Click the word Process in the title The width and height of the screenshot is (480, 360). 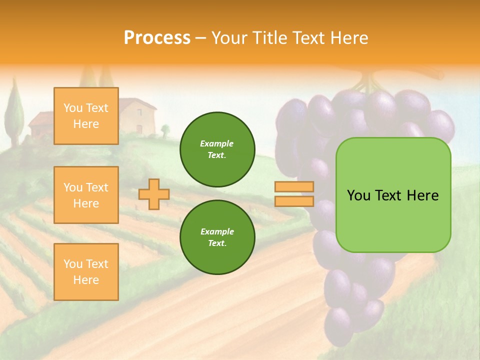pyautogui.click(x=157, y=38)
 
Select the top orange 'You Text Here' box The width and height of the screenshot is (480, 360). pyautogui.click(x=86, y=116)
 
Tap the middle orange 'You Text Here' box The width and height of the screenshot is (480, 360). pyautogui.click(x=86, y=195)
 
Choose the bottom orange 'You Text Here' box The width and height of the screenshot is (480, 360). pyautogui.click(x=86, y=271)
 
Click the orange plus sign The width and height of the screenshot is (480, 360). pyautogui.click(x=154, y=194)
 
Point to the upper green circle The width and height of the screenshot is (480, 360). pyautogui.click(x=217, y=149)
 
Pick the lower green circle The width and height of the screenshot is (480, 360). pyautogui.click(x=217, y=237)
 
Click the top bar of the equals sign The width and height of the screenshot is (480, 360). pyautogui.click(x=294, y=187)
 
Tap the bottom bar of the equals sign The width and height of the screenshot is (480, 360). pyautogui.click(x=294, y=201)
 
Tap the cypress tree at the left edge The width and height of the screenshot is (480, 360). pyautogui.click(x=15, y=112)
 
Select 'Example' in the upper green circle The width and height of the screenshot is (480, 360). pyautogui.click(x=216, y=144)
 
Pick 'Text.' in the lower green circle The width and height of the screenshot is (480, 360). pyautogui.click(x=217, y=243)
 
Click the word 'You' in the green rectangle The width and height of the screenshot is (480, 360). pyautogui.click(x=358, y=195)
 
